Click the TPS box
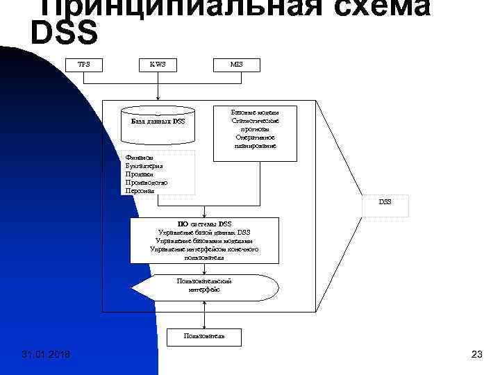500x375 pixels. click(84, 65)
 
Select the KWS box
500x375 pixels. click(158, 65)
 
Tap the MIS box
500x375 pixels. click(237, 65)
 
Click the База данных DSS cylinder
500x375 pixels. click(158, 119)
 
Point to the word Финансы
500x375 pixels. click(140, 158)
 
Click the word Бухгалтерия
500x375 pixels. click(144, 167)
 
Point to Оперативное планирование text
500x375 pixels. click(255, 142)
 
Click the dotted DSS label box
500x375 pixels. click(385, 202)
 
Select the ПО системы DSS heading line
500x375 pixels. click(205, 224)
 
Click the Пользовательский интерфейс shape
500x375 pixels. click(205, 286)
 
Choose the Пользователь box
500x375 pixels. click(204, 337)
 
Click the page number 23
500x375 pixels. click(476, 356)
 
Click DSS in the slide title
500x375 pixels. click(65, 31)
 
